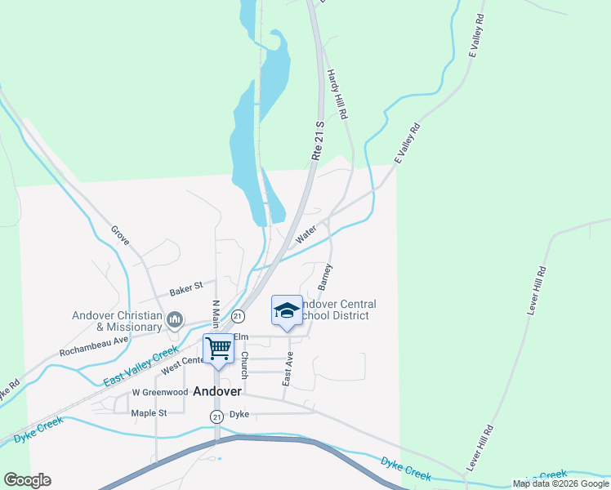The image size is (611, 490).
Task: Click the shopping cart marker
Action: pyautogui.click(x=218, y=350)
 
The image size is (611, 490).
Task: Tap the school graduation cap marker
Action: pyautogui.click(x=286, y=310)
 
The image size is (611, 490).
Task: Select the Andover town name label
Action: pyautogui.click(x=217, y=391)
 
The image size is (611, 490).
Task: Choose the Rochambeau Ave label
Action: pyautogui.click(x=94, y=345)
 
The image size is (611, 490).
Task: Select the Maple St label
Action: pyautogui.click(x=149, y=413)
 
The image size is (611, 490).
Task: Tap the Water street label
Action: pyautogui.click(x=305, y=235)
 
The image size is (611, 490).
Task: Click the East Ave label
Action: pyautogui.click(x=288, y=370)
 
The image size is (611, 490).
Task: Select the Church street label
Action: pyautogui.click(x=243, y=365)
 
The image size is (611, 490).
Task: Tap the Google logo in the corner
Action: pyautogui.click(x=27, y=480)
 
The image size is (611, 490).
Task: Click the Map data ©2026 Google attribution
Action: pyautogui.click(x=560, y=483)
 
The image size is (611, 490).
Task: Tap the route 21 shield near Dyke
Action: pyautogui.click(x=216, y=416)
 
